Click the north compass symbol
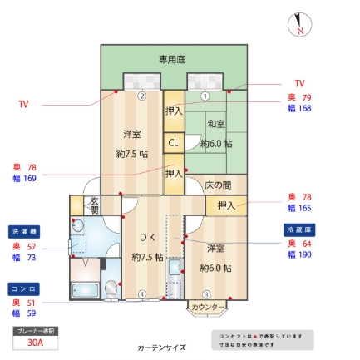(300, 25)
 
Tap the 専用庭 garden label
(172, 60)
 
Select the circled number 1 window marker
(205, 96)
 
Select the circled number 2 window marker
(142, 96)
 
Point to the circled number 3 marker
(206, 293)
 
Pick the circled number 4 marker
(142, 293)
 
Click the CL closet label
(173, 142)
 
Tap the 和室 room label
(216, 124)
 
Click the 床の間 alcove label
(218, 185)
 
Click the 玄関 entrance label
(94, 205)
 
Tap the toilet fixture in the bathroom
(111, 288)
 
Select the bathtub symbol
(84, 291)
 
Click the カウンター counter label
(207, 308)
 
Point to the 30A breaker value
(35, 342)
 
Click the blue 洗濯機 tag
(24, 231)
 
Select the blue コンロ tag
(24, 288)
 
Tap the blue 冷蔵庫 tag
(299, 229)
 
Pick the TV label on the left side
(23, 105)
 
